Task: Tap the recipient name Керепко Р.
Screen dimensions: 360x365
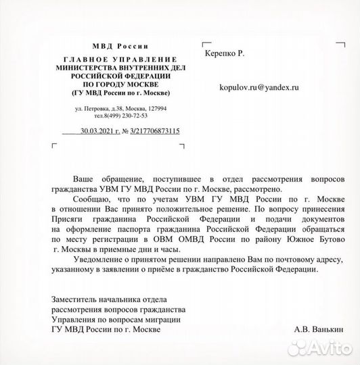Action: [x=227, y=51]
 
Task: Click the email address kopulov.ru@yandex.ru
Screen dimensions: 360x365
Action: [x=259, y=88]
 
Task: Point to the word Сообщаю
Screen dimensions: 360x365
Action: [x=89, y=201]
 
